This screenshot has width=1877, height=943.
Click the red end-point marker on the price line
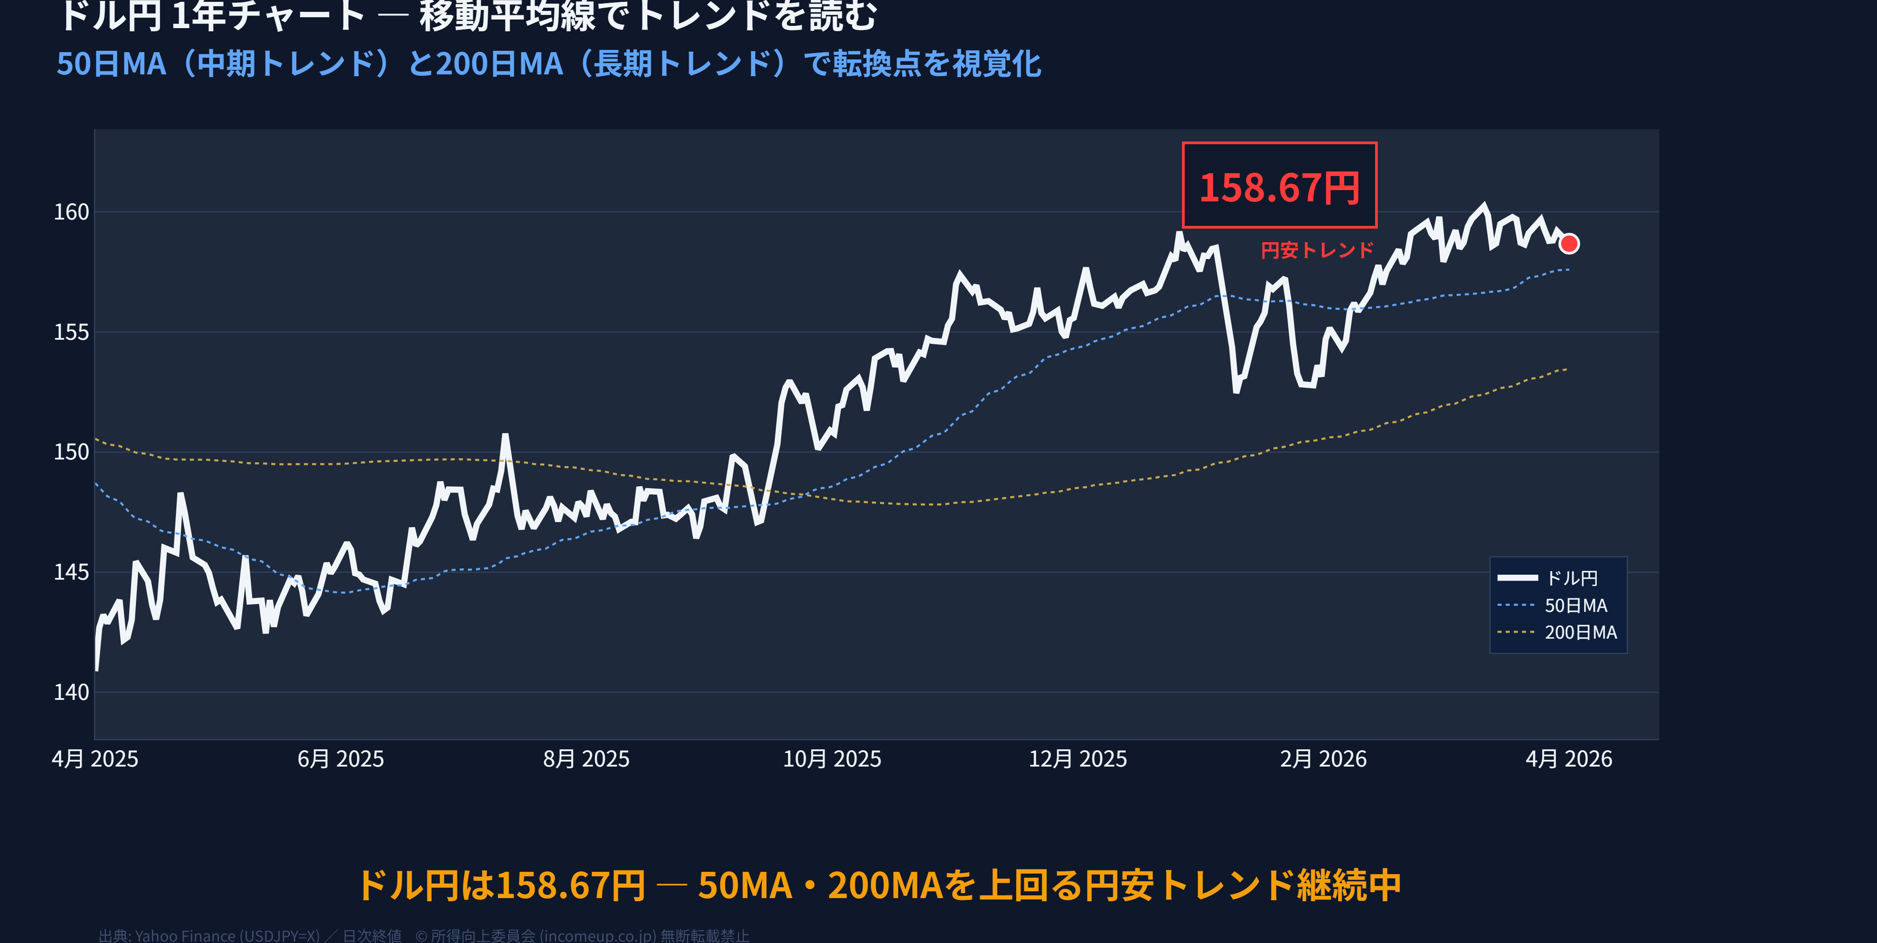1569,244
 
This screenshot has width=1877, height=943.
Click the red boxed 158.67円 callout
1279,186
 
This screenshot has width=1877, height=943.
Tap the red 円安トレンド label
1317,250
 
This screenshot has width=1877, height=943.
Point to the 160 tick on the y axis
72,212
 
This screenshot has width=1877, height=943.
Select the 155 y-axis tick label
72,332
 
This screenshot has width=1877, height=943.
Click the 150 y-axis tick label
72,452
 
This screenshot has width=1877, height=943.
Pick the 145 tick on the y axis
72,572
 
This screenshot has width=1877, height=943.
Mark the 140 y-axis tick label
72,692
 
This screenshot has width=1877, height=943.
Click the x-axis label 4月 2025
95,759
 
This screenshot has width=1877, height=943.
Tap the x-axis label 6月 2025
340,759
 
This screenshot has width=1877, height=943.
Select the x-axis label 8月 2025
586,759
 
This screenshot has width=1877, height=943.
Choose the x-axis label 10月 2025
832,759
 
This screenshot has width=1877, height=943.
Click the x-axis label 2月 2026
1323,759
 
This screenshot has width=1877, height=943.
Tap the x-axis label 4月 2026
1569,759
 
